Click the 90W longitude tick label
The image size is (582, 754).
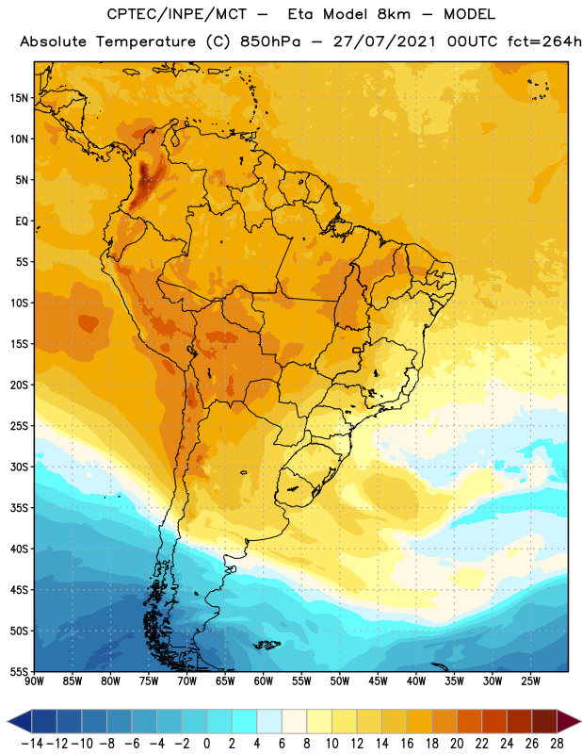pyautogui.click(x=35, y=681)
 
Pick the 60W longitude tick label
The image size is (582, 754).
pyautogui.click(x=263, y=681)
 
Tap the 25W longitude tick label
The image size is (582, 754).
pyautogui.click(x=529, y=681)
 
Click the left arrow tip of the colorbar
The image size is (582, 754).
pyautogui.click(x=9, y=722)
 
